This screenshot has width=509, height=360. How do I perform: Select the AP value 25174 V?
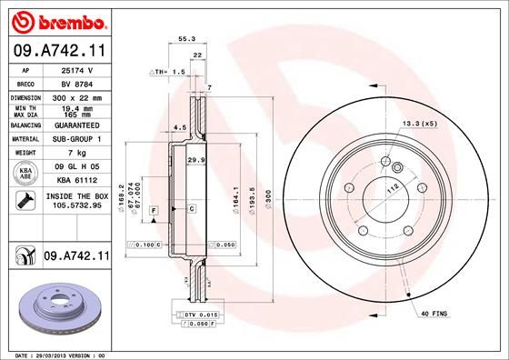click(x=76, y=69)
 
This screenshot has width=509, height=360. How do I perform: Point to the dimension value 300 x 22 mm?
click(x=76, y=95)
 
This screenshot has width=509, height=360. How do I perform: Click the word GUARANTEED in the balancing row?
click(x=76, y=125)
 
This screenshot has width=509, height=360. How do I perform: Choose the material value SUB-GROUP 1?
click(x=76, y=138)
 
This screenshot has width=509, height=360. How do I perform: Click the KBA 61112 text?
click(x=76, y=180)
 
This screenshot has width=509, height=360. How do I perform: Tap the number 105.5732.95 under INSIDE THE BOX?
click(x=76, y=205)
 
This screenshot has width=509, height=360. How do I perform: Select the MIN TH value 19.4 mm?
click(x=76, y=107)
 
